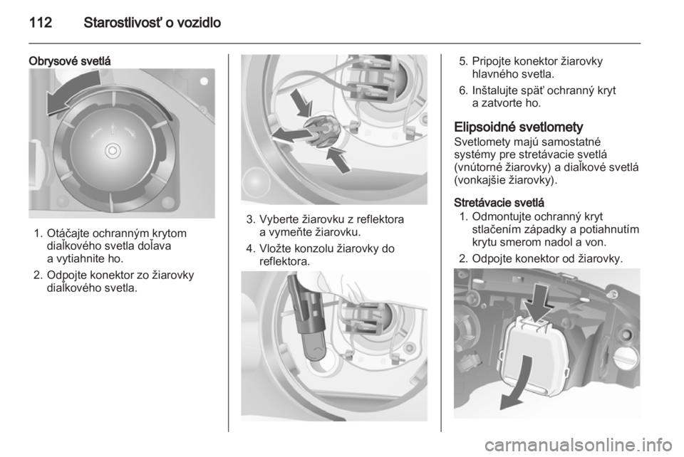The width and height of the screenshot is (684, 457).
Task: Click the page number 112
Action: [x=41, y=23]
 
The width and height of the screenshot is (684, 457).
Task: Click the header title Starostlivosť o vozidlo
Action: [x=152, y=23]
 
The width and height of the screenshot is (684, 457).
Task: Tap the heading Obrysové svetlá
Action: [x=70, y=61]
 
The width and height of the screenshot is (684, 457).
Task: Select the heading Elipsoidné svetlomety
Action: [x=519, y=127]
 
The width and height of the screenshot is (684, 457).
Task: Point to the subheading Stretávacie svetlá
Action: [x=499, y=203]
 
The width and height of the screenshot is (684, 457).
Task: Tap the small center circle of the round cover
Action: [x=113, y=151]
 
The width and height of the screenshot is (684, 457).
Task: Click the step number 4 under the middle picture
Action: [x=249, y=248]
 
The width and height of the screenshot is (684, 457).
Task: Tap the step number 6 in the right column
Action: [x=463, y=90]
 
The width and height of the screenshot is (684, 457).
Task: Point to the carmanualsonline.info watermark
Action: [x=581, y=445]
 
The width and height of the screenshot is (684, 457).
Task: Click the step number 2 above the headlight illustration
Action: [x=463, y=259]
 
